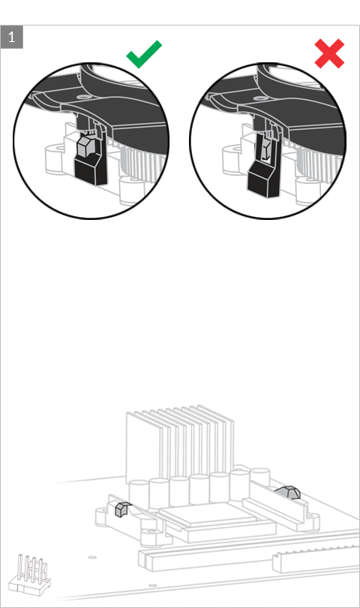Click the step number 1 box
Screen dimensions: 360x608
point(12,38)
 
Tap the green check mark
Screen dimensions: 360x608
point(143,54)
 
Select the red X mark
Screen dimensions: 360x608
point(329,53)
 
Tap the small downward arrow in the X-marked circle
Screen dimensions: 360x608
point(266,152)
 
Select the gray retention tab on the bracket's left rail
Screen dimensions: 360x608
point(121,510)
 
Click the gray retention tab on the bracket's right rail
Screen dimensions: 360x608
point(289,492)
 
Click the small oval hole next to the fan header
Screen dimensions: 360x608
point(92,557)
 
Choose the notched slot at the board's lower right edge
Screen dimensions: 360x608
point(316,559)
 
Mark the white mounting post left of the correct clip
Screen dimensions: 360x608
point(55,158)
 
